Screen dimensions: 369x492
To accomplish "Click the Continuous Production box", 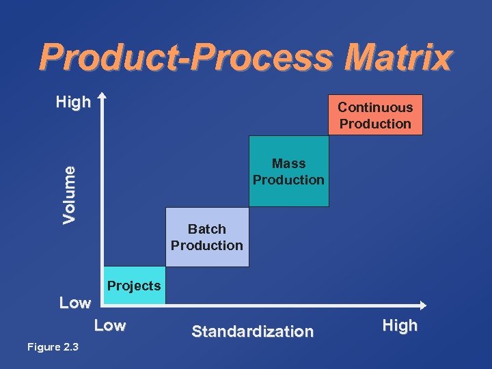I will click(375, 115).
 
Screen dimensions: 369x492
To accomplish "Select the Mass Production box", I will click(288, 172).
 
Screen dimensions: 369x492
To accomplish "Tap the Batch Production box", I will click(207, 237).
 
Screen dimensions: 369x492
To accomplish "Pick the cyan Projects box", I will click(134, 286).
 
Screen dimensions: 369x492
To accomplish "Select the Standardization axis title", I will click(252, 331).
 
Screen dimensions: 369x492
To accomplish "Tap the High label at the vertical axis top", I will click(73, 102).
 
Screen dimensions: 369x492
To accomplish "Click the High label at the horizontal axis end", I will click(400, 326).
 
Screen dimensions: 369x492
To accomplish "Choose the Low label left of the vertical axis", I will click(74, 303).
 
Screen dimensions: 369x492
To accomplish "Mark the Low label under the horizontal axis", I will click(110, 326).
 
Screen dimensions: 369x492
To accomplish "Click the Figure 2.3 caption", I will click(53, 347).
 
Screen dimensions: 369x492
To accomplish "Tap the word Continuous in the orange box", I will click(375, 107).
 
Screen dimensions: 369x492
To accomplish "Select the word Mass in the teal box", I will click(288, 163).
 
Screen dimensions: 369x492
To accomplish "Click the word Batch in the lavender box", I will click(207, 229).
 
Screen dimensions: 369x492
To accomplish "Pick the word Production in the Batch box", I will click(207, 245).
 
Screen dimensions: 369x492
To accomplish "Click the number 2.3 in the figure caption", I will click(70, 347).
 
